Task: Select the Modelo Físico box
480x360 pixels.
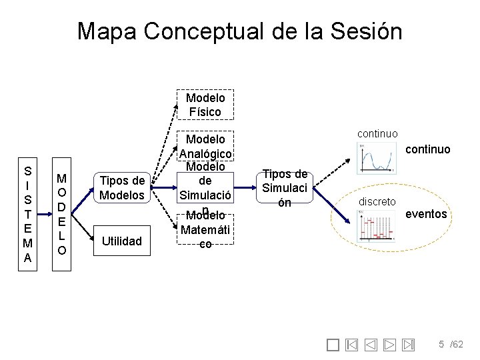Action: [205, 105]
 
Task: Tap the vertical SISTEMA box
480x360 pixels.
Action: [27, 205]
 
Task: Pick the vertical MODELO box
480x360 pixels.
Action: [61, 214]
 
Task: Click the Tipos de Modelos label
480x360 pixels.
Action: [121, 187]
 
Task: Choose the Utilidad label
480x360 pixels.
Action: [121, 241]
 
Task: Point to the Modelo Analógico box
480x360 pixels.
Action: [205, 147]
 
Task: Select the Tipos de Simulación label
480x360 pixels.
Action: [285, 187]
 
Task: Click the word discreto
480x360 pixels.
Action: [378, 201]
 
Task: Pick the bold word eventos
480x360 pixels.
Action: [426, 215]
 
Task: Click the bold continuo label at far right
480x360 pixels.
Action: [428, 149]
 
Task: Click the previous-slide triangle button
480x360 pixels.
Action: [371, 345]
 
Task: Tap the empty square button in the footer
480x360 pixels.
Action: [334, 345]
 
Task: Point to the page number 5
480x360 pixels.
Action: [441, 344]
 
